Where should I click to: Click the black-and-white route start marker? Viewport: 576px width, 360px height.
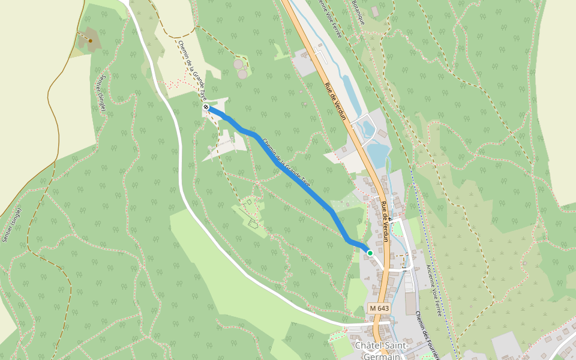click(206, 107)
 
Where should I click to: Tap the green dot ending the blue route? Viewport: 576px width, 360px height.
click(370, 253)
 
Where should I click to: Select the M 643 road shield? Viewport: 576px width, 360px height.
click(379, 308)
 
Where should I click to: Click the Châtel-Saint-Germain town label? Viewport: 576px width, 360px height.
click(382, 351)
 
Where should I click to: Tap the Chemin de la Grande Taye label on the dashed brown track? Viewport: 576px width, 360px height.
click(192, 65)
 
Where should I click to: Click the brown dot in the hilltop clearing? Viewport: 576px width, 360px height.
click(90, 40)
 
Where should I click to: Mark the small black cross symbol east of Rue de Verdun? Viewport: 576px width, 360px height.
click(391, 220)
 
